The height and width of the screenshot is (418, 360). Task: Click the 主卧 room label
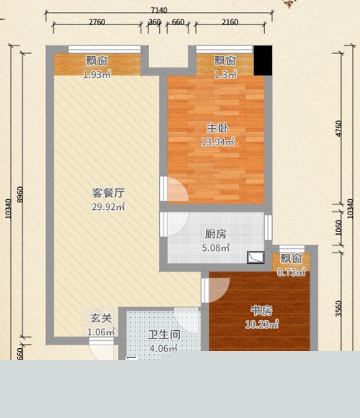[x=218, y=128]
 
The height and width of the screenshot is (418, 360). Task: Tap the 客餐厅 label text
[x=108, y=193]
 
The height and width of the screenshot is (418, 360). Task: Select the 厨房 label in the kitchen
[x=215, y=234]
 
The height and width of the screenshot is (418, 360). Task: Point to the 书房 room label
[x=262, y=311]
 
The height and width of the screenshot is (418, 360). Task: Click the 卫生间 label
[x=164, y=335]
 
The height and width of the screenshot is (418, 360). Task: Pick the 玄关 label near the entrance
[x=101, y=318]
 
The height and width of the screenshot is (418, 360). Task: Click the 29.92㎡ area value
[x=108, y=206]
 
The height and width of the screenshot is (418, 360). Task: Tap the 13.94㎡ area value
[x=218, y=142]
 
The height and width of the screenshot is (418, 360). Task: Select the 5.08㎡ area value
[x=215, y=248]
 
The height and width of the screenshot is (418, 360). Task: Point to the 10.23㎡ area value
[x=262, y=324]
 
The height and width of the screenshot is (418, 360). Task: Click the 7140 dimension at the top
[x=159, y=10]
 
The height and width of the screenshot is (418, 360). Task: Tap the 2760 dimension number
[x=97, y=22]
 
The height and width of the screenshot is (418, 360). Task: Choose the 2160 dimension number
[x=230, y=22]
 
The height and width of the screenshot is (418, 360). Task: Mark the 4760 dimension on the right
[x=339, y=128]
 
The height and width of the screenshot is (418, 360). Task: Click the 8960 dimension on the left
[x=20, y=195]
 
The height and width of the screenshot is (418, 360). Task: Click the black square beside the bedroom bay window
[x=263, y=61]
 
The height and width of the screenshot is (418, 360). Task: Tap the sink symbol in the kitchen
[x=256, y=257]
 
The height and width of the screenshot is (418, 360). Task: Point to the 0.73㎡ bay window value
[x=291, y=272]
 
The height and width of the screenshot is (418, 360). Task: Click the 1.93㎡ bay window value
[x=97, y=74]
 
